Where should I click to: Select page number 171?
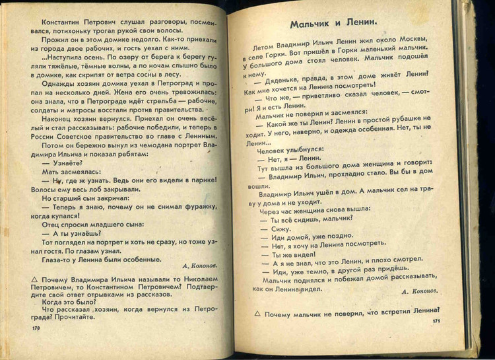click(x=436, y=321)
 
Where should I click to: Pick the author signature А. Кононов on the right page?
click(x=420, y=290)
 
